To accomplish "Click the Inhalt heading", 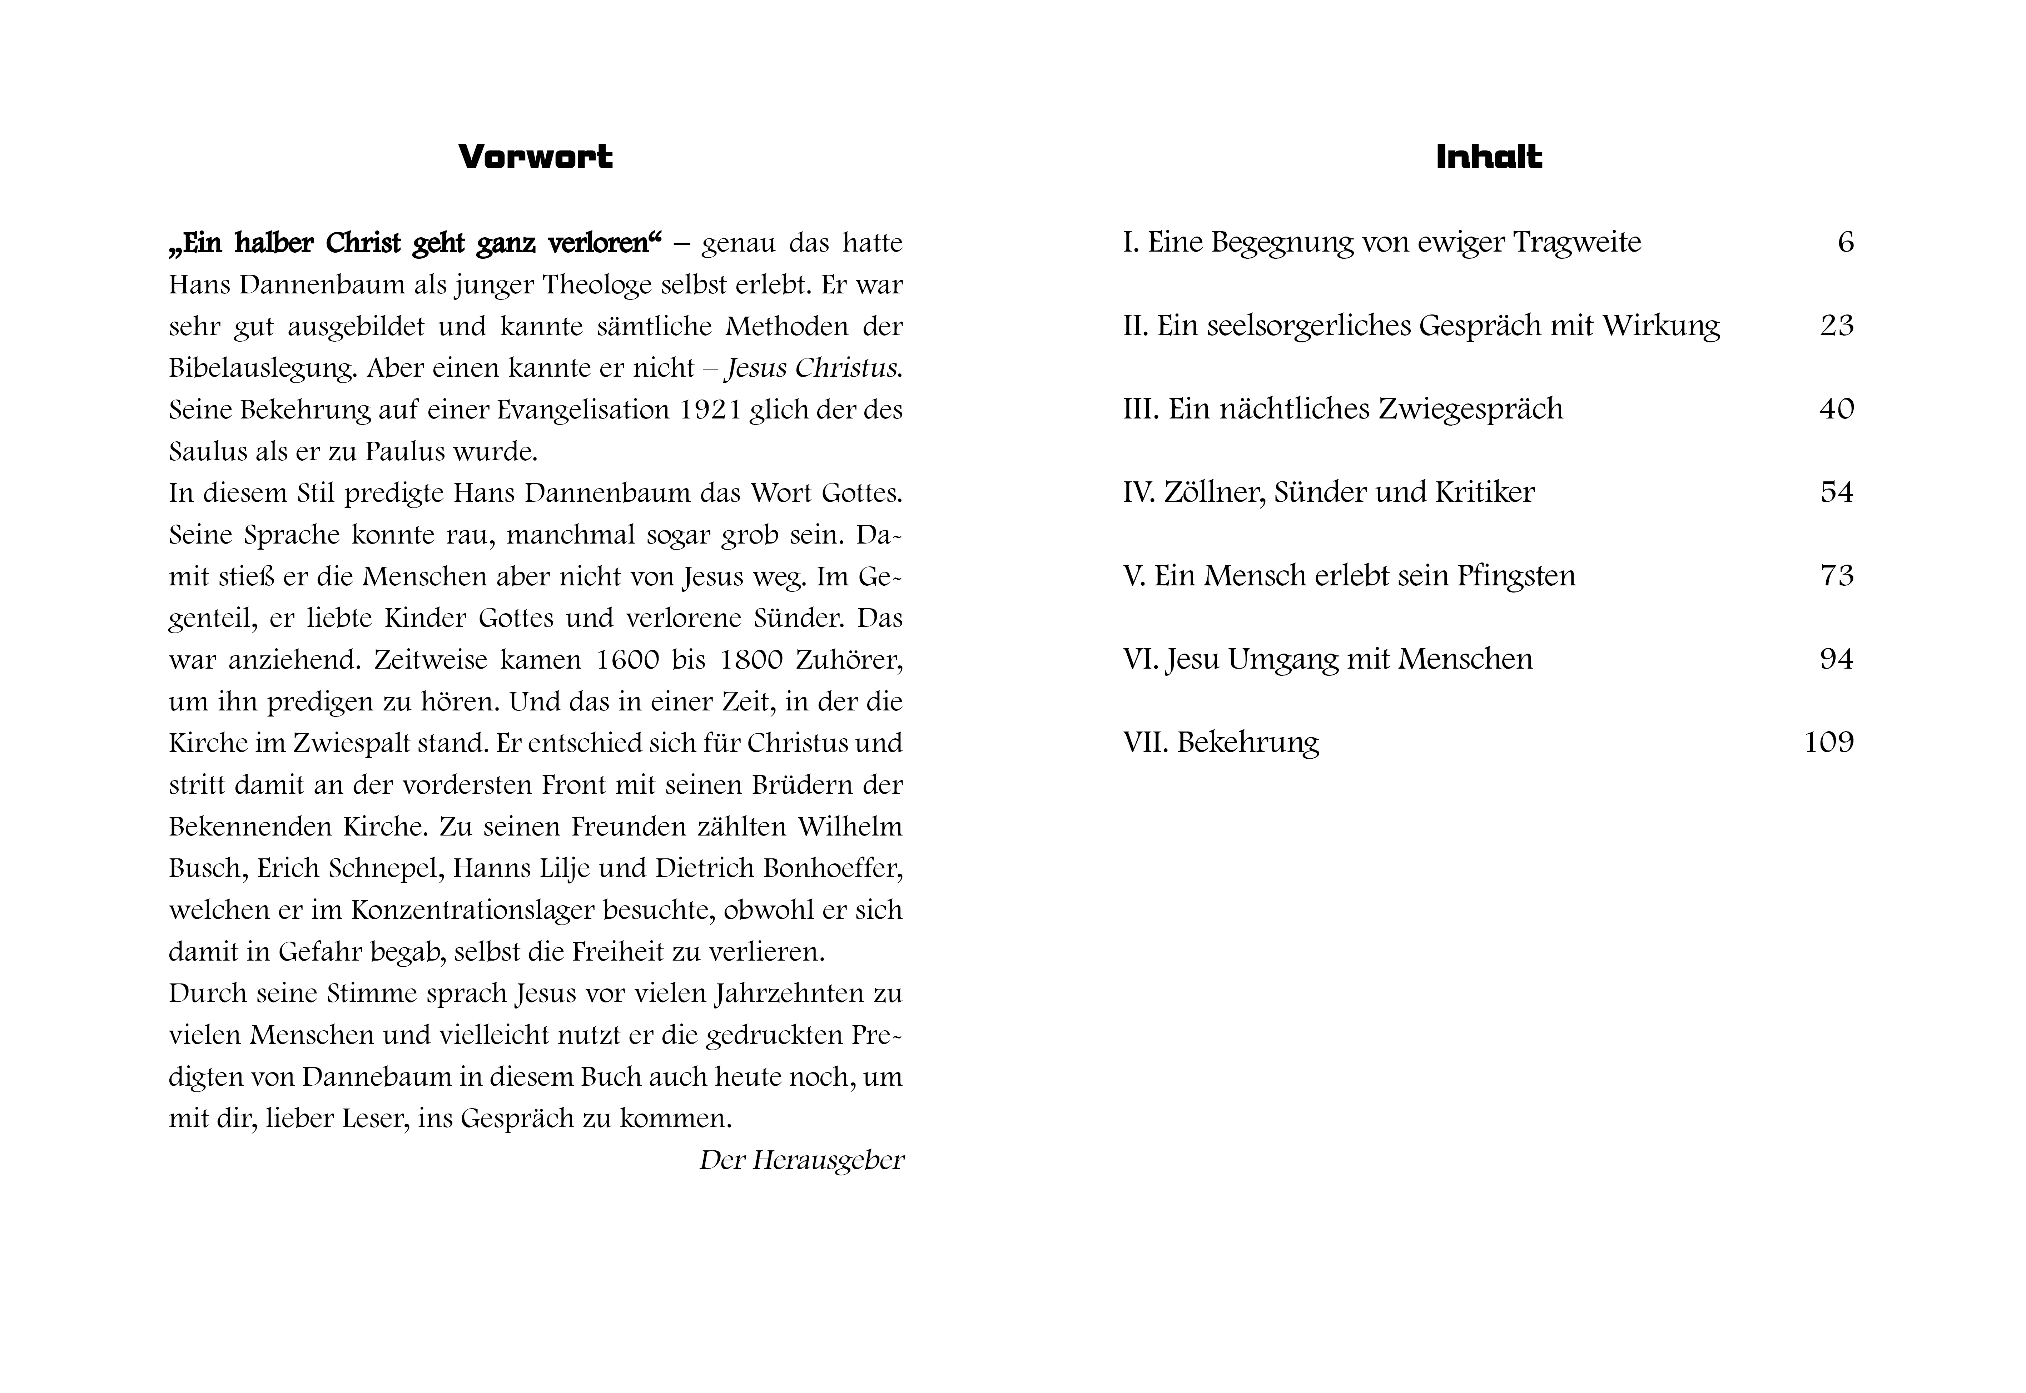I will [x=1489, y=158].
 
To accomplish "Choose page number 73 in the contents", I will [x=1836, y=576].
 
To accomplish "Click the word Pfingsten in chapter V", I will [x=1516, y=576].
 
